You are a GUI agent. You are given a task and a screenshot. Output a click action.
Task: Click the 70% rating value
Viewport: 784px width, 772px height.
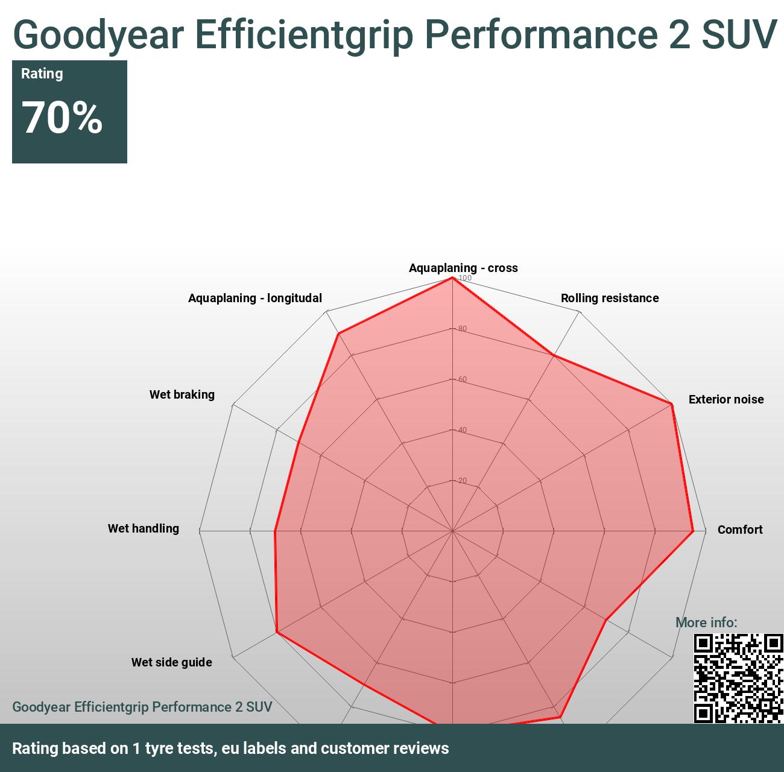pyautogui.click(x=62, y=118)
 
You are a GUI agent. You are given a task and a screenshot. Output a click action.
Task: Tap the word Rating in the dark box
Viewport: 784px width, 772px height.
pyautogui.click(x=42, y=74)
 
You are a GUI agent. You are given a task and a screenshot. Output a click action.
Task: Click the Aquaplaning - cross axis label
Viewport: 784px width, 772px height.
pyautogui.click(x=463, y=268)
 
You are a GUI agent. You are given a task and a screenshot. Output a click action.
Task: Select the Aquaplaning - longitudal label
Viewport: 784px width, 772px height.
pyautogui.click(x=254, y=298)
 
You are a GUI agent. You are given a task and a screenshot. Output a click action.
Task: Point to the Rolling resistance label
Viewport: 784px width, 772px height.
pyautogui.click(x=609, y=298)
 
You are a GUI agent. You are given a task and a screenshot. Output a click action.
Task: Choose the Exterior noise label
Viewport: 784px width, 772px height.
pyautogui.click(x=726, y=399)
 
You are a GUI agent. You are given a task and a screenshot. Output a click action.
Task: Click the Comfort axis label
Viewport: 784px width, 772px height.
pyautogui.click(x=739, y=530)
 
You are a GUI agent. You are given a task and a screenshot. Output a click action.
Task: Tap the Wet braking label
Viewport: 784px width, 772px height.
pyautogui.click(x=182, y=394)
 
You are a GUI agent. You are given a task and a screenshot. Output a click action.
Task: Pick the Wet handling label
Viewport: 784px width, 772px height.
pyautogui.click(x=143, y=528)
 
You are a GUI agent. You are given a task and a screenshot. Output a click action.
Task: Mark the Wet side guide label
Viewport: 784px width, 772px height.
pyautogui.click(x=171, y=662)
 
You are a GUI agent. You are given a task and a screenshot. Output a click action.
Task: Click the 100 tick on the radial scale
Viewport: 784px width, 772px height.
pyautogui.click(x=465, y=278)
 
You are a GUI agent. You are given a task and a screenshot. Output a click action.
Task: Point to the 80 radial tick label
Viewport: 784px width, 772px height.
pyautogui.click(x=463, y=329)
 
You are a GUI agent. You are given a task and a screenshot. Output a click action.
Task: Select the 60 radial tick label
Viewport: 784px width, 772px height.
pyautogui.click(x=463, y=379)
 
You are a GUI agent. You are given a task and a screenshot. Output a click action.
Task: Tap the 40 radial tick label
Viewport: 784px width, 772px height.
pyautogui.click(x=463, y=430)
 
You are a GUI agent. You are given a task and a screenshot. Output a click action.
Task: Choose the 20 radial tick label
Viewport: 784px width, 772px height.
pyautogui.click(x=463, y=481)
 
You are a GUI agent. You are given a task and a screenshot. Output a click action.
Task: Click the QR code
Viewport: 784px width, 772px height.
pyautogui.click(x=738, y=678)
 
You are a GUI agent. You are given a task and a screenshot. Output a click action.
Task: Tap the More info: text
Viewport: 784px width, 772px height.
pyautogui.click(x=706, y=622)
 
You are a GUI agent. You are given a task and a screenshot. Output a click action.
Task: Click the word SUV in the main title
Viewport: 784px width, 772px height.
pyautogui.click(x=739, y=34)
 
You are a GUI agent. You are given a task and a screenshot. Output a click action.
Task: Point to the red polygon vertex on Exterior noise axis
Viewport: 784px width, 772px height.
pyautogui.click(x=671, y=404)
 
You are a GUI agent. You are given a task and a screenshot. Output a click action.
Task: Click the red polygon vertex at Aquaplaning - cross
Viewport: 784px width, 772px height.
pyautogui.click(x=452, y=277)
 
